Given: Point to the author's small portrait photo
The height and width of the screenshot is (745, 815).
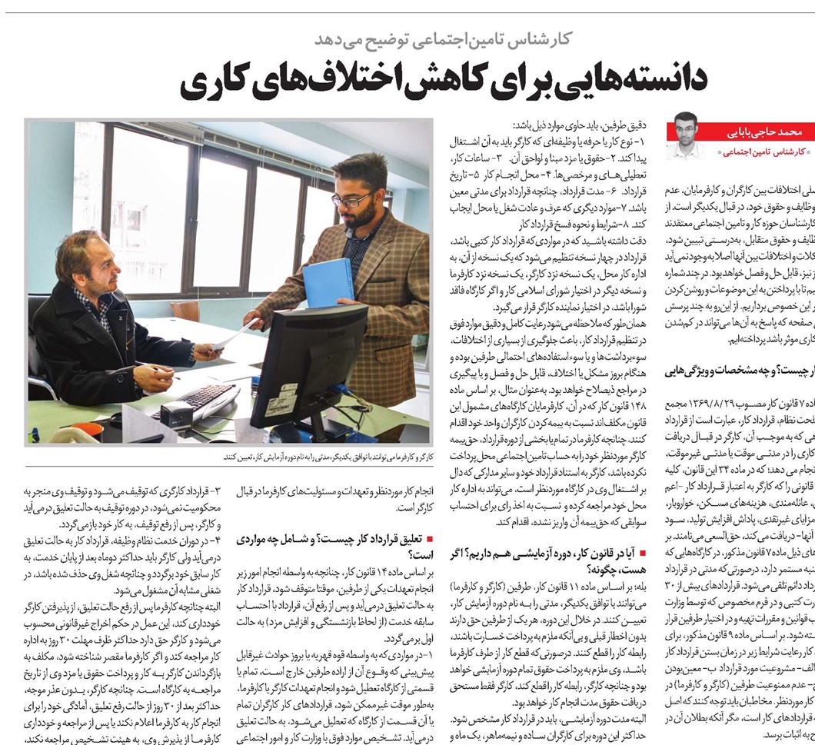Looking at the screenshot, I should coord(684,135).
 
